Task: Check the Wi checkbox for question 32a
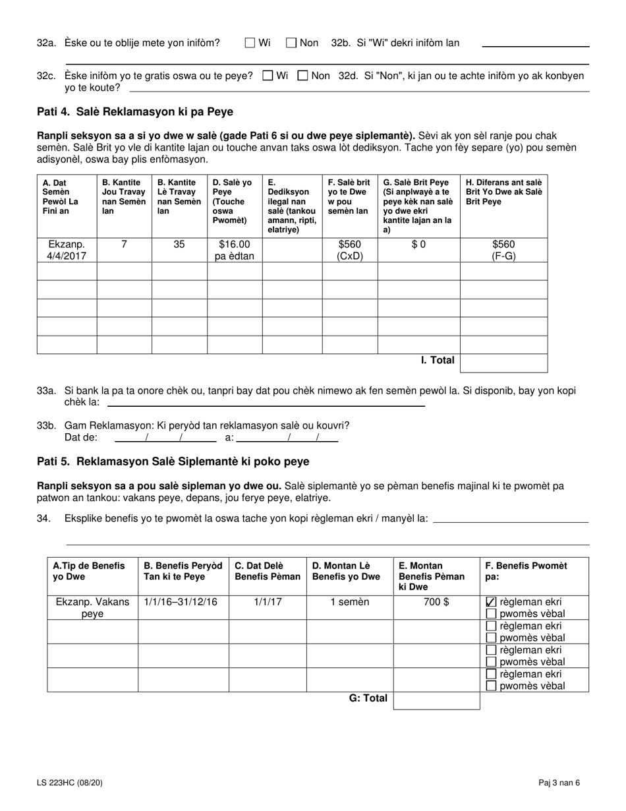(250, 43)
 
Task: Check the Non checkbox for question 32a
(291, 43)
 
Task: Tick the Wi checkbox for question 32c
(268, 76)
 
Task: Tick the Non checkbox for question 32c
(303, 76)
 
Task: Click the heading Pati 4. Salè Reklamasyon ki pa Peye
(135, 111)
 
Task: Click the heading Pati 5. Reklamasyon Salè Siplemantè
(173, 462)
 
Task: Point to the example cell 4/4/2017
(67, 250)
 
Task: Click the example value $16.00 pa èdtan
(235, 250)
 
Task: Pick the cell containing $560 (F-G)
(503, 250)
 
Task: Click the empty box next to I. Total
(503, 363)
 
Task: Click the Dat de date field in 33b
(165, 437)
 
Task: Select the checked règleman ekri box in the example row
(491, 602)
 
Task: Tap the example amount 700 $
(437, 602)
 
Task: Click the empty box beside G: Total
(436, 700)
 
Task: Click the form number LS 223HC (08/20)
(70, 783)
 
